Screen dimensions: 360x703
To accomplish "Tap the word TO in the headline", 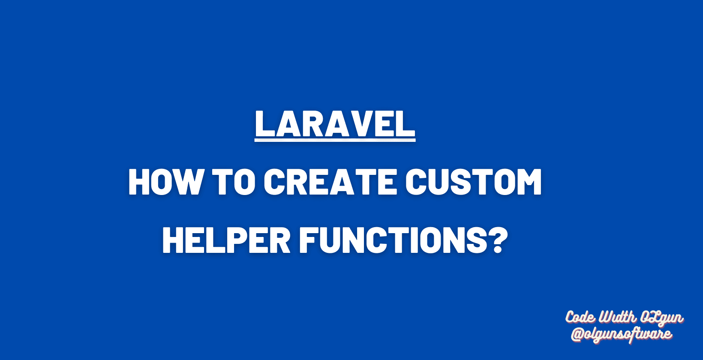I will (x=234, y=182).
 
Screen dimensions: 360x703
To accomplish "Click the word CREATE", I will (x=330, y=182).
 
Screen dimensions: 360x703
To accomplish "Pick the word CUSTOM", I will (x=474, y=182).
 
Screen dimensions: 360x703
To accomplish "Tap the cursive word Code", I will (x=580, y=318).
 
